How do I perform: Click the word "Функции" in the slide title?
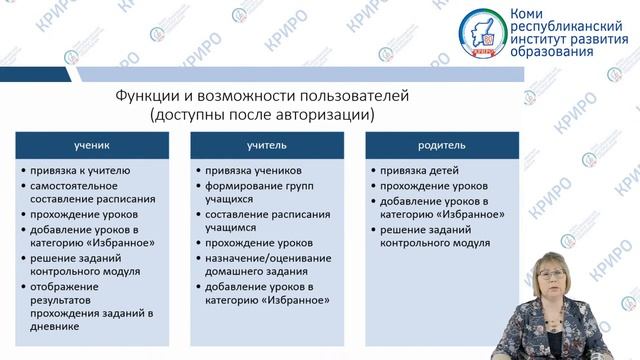(x=141, y=97)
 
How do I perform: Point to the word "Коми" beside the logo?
(x=528, y=14)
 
